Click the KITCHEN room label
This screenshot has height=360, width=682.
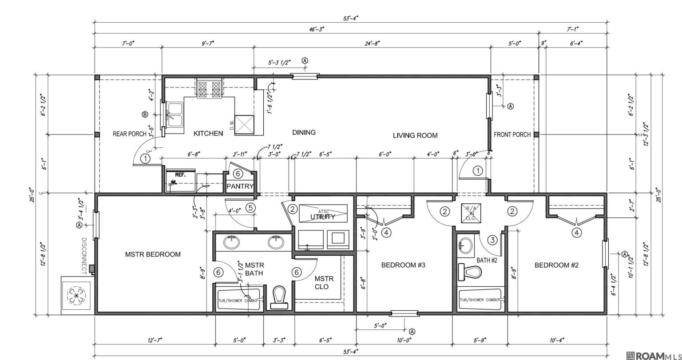(x=208, y=133)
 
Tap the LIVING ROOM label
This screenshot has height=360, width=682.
(x=415, y=135)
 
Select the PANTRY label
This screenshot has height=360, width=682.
(x=240, y=186)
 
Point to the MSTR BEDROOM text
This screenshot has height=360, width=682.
(x=153, y=254)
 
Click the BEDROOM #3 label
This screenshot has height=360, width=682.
(x=404, y=265)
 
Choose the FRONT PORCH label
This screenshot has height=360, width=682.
(x=512, y=135)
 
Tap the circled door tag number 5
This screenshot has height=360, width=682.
(x=250, y=207)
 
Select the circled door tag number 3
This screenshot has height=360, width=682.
(x=492, y=240)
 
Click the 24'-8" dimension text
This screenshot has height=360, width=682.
(x=372, y=43)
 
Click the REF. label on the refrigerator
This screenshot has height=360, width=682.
(x=180, y=175)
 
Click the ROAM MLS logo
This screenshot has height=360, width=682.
(x=653, y=355)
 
